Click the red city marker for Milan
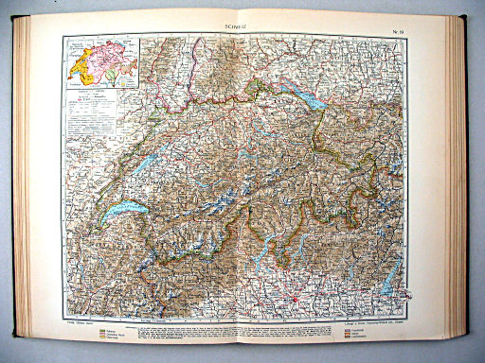click(301, 301)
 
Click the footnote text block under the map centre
click(243, 326)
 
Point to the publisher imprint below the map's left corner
click(80, 319)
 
